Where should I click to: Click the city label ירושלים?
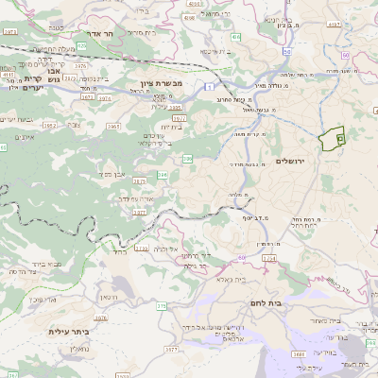(x=293, y=162)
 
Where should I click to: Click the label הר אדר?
(x=98, y=34)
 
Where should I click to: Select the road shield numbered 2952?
(x=50, y=125)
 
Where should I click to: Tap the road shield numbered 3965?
(x=113, y=125)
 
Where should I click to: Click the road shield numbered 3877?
(x=139, y=213)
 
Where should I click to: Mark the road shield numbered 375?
(x=162, y=305)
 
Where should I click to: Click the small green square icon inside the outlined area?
(x=339, y=140)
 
